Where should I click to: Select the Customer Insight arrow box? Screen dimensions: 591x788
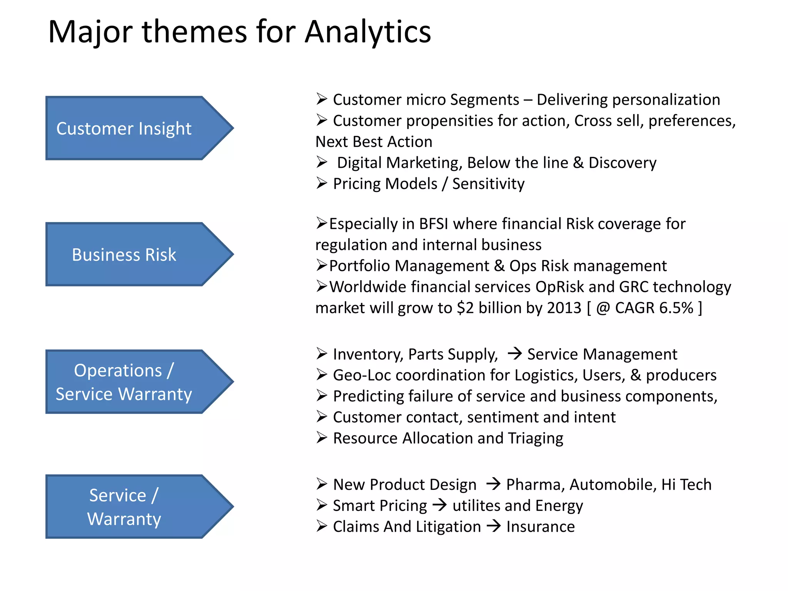[131, 128]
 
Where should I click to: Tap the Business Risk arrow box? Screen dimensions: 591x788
[131, 254]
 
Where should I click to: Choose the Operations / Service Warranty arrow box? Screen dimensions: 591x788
[131, 382]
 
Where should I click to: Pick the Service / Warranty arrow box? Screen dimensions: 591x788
[131, 506]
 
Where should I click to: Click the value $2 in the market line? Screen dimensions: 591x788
[465, 308]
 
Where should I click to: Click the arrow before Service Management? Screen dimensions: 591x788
[514, 353]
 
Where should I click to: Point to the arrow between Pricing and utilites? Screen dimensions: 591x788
[439, 505]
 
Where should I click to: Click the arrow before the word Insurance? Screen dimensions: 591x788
[494, 526]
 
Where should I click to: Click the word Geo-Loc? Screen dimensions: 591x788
[361, 375]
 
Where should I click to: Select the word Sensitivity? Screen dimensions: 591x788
[488, 184]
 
